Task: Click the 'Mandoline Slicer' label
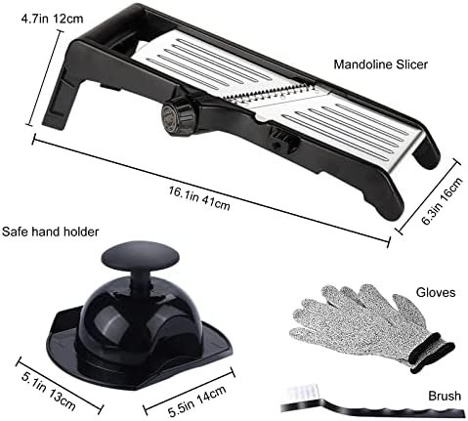380,64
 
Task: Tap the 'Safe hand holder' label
50,232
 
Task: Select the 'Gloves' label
436,292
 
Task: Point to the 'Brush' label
445,396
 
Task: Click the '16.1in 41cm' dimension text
199,198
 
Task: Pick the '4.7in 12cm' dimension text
52,19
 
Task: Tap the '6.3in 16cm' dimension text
442,201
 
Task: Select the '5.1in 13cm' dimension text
49,392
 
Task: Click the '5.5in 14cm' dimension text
197,401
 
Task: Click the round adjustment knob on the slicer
179,117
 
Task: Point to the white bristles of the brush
301,394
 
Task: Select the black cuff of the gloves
432,353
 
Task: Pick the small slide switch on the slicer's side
282,145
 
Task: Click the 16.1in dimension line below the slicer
211,191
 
